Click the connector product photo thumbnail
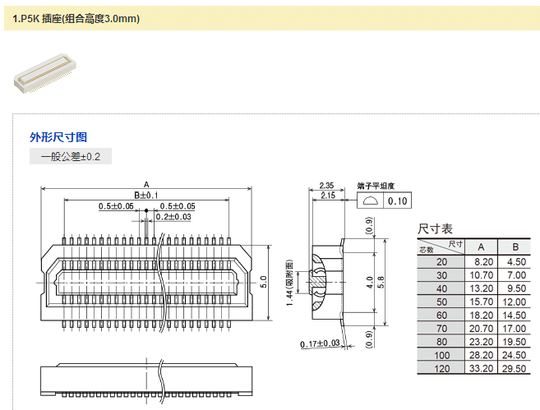44,76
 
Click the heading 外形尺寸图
58,137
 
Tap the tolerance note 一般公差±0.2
71,156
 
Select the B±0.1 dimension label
146,195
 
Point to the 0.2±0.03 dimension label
173,217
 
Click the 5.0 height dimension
264,281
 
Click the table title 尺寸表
436,228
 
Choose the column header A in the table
482,247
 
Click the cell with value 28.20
482,355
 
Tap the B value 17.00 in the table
515,328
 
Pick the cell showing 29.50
515,368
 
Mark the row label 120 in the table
442,368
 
